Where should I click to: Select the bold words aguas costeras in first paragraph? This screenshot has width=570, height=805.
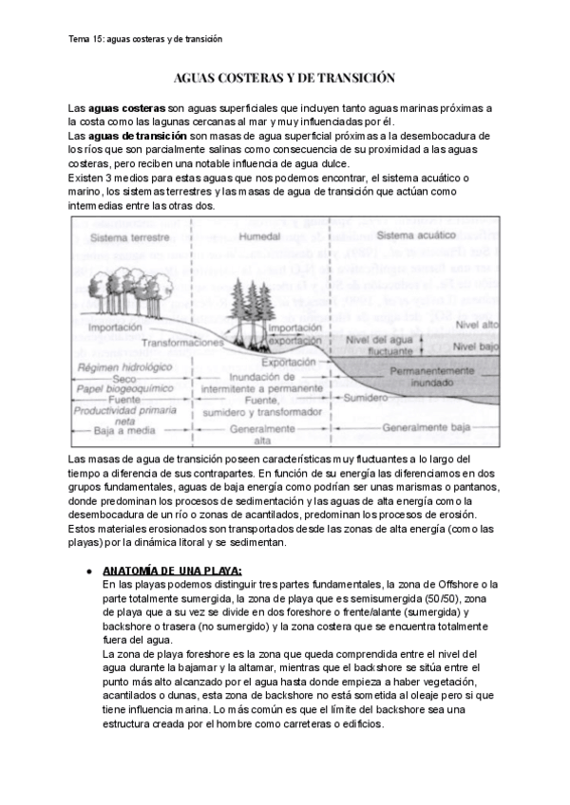tap(125, 109)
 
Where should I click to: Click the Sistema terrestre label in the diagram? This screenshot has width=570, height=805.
tap(127, 234)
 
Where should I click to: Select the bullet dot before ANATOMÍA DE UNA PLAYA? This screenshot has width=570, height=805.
tap(88, 571)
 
